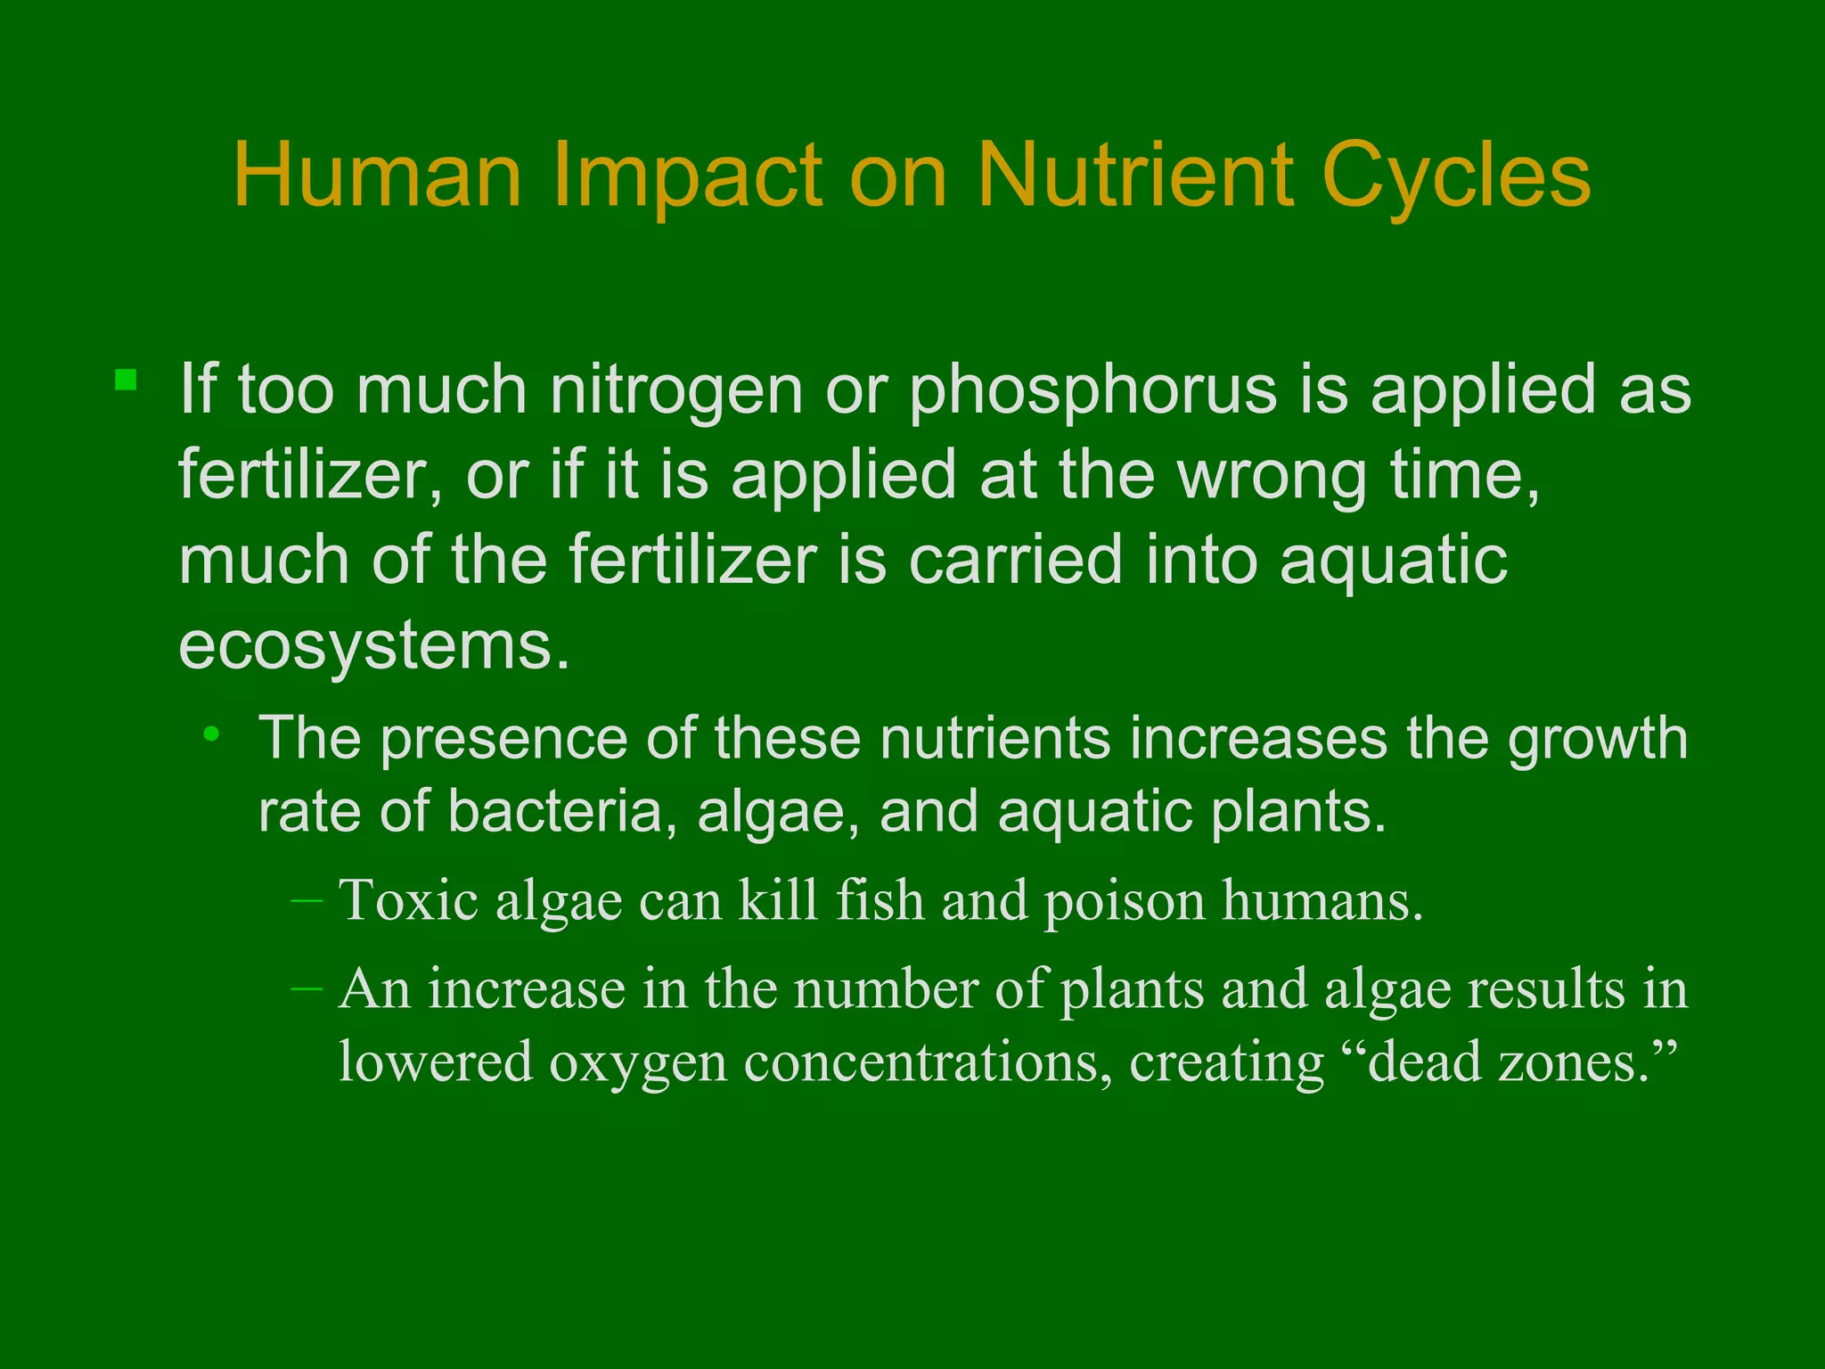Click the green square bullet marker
[x=126, y=381]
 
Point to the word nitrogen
[x=676, y=392]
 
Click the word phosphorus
[x=1093, y=392]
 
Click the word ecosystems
[x=373, y=645]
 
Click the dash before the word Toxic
[x=307, y=901]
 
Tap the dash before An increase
[x=307, y=988]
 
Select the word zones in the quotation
[x=1573, y=1062]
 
